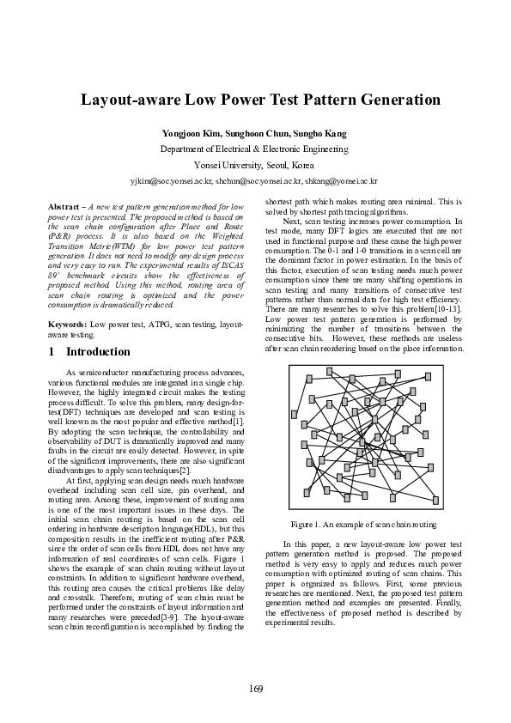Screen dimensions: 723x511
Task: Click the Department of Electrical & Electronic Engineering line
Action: point(255,149)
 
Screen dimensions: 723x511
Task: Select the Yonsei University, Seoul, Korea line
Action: point(255,165)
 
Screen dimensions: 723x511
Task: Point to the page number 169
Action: point(256,690)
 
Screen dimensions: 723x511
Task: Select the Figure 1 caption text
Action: point(363,524)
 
